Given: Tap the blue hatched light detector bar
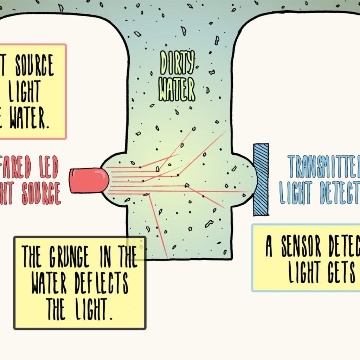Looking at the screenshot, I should pyautogui.click(x=261, y=179).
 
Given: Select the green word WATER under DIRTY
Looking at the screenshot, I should pyautogui.click(x=177, y=90).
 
